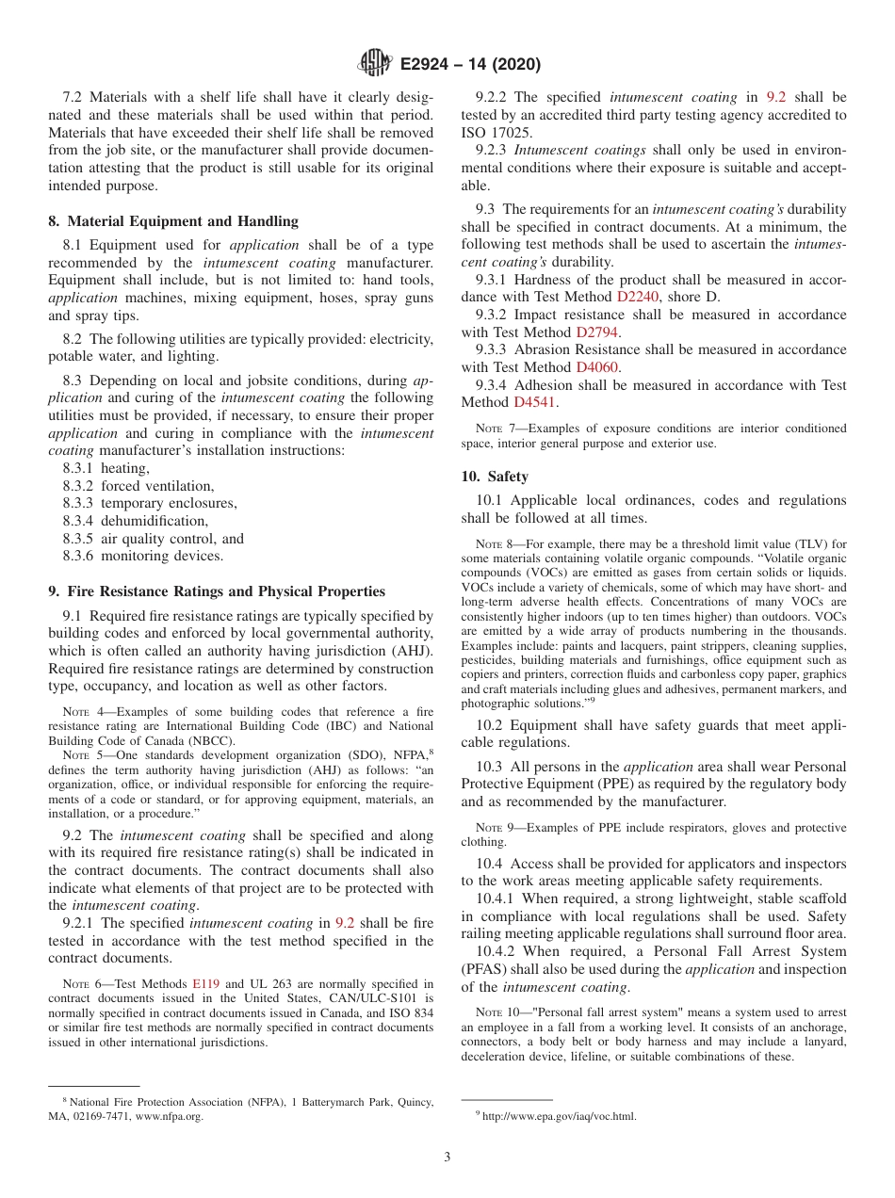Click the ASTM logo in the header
[x=376, y=64]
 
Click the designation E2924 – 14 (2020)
[x=469, y=65]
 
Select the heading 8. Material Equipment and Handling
[x=173, y=221]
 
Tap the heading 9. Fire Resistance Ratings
[x=217, y=591]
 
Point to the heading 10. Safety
[x=495, y=477]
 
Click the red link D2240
[x=639, y=297]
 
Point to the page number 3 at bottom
[x=447, y=1158]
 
